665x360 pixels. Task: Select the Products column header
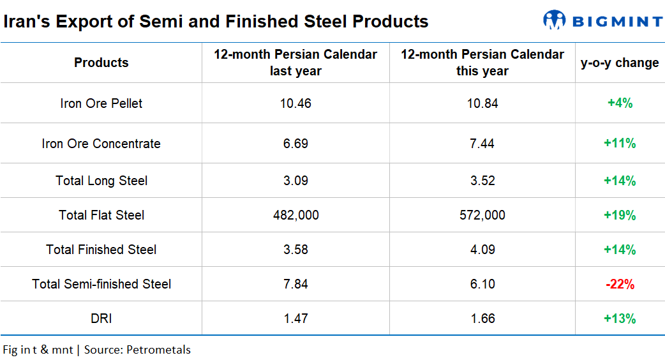(x=101, y=63)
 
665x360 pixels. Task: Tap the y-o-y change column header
(x=620, y=63)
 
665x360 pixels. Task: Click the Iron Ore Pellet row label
(x=101, y=103)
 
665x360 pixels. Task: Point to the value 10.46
(x=295, y=103)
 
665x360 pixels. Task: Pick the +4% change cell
(x=620, y=103)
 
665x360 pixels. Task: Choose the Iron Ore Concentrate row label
(x=101, y=144)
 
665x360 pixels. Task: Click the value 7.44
(x=482, y=144)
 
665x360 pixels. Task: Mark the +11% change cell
(x=620, y=144)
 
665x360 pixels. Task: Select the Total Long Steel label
(x=101, y=181)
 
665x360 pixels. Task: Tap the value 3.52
(x=482, y=181)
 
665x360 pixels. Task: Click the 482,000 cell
(x=295, y=215)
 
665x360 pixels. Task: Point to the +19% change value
(x=620, y=215)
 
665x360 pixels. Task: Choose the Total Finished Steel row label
(x=101, y=250)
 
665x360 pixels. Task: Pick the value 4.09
(x=482, y=250)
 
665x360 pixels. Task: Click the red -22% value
(x=620, y=284)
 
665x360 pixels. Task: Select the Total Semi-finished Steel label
(x=101, y=284)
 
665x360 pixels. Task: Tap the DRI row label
(x=101, y=319)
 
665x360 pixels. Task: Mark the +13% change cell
(x=620, y=319)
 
